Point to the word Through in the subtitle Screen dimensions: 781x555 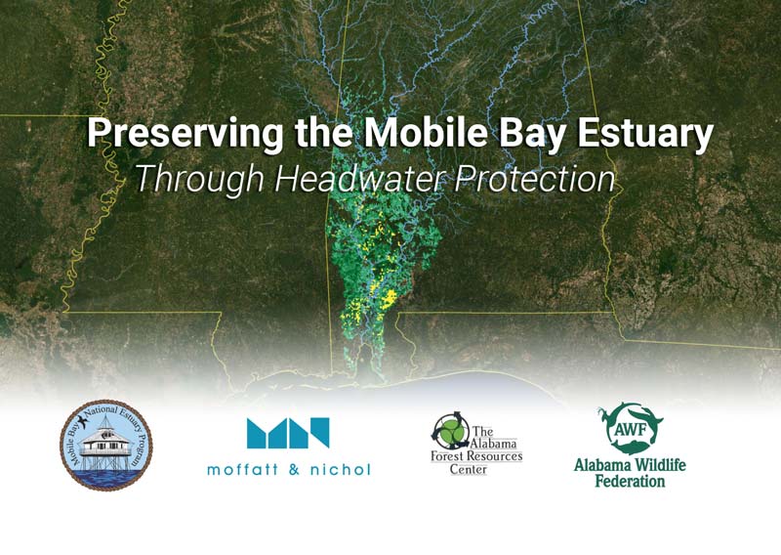coord(200,179)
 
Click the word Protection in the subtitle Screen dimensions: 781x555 coord(534,178)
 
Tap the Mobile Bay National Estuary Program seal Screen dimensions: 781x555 coord(106,446)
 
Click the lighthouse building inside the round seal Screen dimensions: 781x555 coord(106,442)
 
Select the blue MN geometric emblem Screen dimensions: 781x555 coord(288,433)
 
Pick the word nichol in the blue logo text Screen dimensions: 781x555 coord(341,469)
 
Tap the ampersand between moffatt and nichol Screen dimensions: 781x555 coord(295,469)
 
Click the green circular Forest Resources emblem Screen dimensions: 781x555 coord(451,430)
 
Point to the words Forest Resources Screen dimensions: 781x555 coord(476,455)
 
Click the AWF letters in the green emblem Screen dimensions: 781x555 coord(629,429)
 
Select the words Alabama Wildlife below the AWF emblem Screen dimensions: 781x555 coord(630,465)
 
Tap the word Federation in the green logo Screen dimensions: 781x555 coord(630,481)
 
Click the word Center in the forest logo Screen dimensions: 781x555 coord(469,469)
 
